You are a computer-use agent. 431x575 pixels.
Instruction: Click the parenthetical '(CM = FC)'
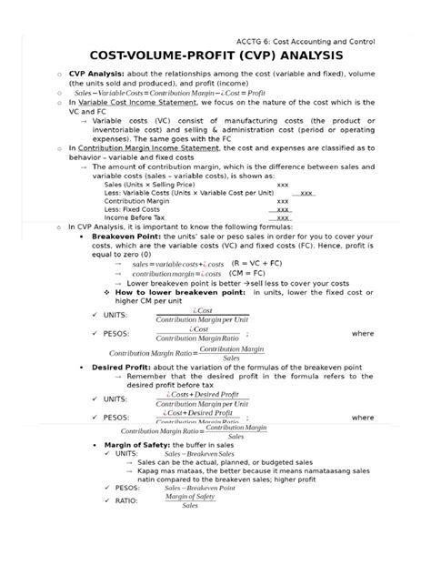(249, 272)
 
